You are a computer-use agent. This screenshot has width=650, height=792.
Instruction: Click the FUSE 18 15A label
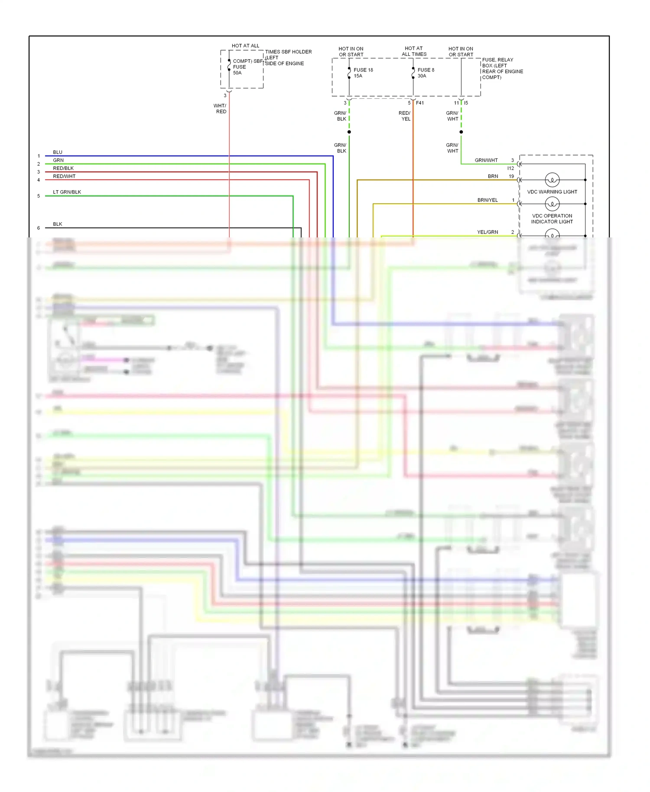(363, 73)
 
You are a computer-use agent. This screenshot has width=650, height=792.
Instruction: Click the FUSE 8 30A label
(425, 73)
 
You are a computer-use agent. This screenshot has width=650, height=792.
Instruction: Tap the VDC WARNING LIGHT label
(552, 192)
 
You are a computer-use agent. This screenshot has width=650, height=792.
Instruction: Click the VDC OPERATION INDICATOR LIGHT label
(552, 219)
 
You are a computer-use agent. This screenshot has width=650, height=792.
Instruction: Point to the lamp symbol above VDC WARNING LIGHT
(552, 179)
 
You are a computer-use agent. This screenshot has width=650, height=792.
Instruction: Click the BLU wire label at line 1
(58, 153)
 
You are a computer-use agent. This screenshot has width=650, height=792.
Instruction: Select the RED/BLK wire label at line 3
(63, 169)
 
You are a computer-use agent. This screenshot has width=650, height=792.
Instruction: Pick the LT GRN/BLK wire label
(67, 192)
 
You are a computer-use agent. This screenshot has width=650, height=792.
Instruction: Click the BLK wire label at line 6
(58, 224)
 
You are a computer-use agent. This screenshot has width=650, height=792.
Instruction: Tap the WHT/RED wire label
(220, 109)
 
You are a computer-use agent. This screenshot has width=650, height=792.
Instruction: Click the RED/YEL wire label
(405, 116)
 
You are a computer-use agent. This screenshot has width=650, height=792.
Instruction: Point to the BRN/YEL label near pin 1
(487, 200)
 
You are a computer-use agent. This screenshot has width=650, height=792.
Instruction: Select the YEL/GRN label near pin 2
(487, 232)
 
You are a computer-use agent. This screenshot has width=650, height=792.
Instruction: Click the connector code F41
(420, 103)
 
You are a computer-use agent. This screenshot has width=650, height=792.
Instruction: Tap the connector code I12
(510, 169)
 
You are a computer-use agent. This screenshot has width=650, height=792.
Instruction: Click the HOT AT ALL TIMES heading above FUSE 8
(414, 52)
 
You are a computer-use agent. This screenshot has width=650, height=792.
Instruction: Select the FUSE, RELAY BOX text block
(502, 68)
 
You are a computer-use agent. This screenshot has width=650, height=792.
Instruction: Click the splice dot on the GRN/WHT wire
(461, 132)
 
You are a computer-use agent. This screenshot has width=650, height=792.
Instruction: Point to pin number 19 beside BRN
(511, 176)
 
